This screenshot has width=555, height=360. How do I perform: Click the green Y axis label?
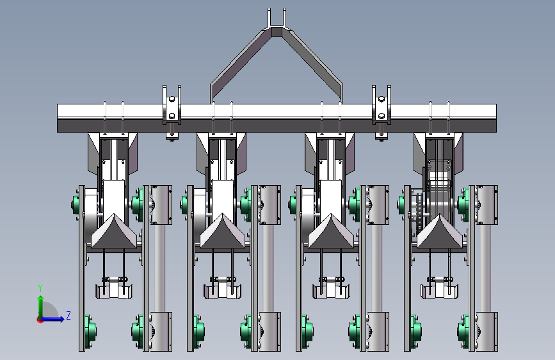click(40, 288)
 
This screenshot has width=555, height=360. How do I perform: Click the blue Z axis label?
click(68, 315)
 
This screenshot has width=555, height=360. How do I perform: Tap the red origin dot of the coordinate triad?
click(40, 320)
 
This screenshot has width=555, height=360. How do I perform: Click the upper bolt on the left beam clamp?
click(172, 99)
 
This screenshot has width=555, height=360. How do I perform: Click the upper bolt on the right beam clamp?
click(382, 99)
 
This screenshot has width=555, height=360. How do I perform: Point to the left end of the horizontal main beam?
click(58, 118)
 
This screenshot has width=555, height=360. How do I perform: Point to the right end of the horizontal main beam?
click(496, 118)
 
